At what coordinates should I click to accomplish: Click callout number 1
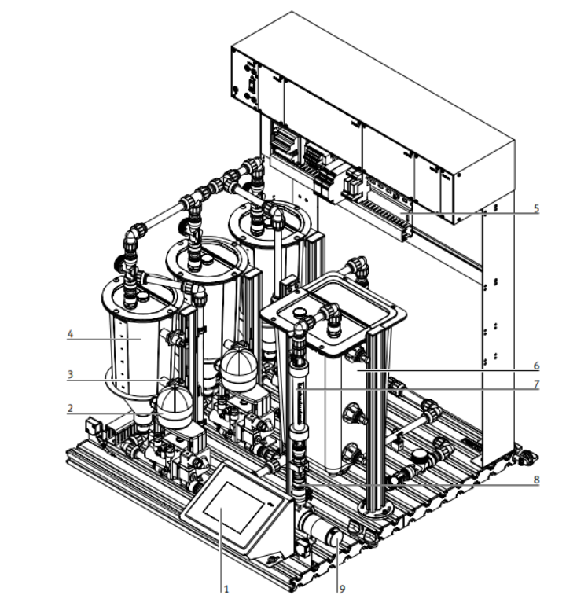226,589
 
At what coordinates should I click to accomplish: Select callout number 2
70,408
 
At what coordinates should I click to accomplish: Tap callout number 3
70,374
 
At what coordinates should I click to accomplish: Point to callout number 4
70,334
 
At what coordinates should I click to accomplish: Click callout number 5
536,208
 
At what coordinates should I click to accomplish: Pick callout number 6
536,366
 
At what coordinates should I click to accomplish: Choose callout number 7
536,384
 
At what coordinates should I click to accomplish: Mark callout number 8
536,480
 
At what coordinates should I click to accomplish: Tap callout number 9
342,589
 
